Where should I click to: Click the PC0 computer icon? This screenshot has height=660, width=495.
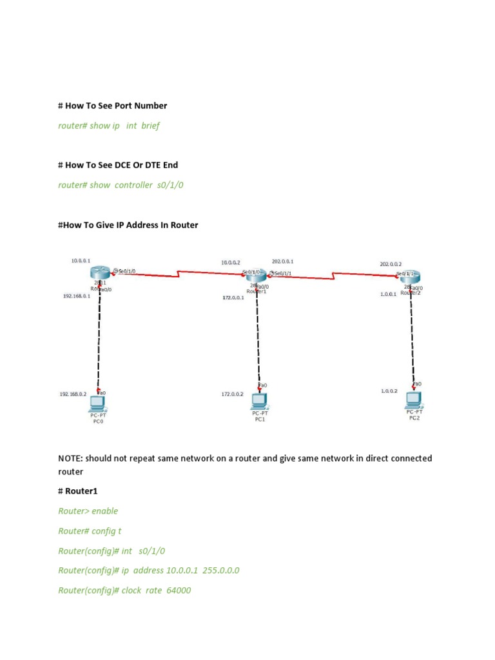click(97, 403)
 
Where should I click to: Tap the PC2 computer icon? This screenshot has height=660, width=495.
click(414, 400)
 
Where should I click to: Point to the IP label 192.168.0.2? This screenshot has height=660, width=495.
click(73, 393)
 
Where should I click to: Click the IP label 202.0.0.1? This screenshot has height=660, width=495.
click(283, 262)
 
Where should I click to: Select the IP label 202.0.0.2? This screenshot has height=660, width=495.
click(391, 264)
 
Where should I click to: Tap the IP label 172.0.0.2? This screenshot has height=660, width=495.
click(233, 393)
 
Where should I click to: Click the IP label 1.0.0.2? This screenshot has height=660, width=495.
click(389, 391)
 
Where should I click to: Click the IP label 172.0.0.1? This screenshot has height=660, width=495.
click(233, 298)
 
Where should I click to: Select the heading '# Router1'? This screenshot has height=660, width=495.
click(79, 491)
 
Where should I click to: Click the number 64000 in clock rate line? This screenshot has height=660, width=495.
click(178, 590)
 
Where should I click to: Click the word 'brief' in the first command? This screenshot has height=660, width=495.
click(150, 126)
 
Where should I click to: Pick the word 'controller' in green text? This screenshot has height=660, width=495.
click(133, 185)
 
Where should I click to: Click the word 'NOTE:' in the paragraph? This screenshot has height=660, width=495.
click(70, 458)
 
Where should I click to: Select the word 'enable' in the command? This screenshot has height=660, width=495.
click(105, 511)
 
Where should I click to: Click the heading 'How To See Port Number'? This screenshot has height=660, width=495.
click(116, 106)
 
